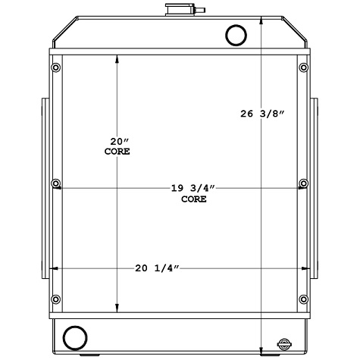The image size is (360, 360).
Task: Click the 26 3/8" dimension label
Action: click(262, 114)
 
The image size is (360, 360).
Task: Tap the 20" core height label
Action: click(117, 146)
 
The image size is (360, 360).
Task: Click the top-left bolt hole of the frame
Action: click(56, 69)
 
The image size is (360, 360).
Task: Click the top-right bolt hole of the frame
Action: click(303, 69)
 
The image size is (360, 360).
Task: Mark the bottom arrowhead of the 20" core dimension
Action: click(117, 308)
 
